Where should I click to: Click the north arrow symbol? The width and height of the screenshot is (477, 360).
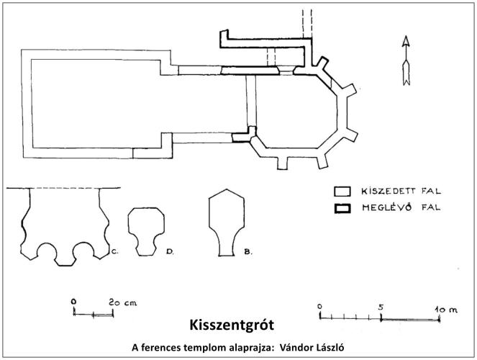[406, 60]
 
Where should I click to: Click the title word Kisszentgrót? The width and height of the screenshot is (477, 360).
[232, 325]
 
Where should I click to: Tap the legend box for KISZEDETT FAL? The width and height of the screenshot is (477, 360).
[342, 192]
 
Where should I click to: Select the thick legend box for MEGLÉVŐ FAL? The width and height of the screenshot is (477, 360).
[342, 209]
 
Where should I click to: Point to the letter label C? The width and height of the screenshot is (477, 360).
[114, 252]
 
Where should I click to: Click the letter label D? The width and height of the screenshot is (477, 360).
[170, 252]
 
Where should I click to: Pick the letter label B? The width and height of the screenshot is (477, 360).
[248, 252]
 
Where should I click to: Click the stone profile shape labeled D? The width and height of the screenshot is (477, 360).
[146, 232]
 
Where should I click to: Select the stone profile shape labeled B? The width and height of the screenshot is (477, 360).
[227, 222]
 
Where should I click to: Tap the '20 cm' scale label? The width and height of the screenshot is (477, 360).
[123, 302]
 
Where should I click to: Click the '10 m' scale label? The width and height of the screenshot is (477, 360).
[446, 310]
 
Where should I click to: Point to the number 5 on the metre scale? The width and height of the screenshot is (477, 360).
[381, 307]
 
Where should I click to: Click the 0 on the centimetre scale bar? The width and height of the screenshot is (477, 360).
[73, 302]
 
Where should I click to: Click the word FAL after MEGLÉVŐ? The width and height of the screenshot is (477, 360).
[431, 207]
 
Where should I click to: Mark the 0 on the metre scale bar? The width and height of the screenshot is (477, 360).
[319, 307]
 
